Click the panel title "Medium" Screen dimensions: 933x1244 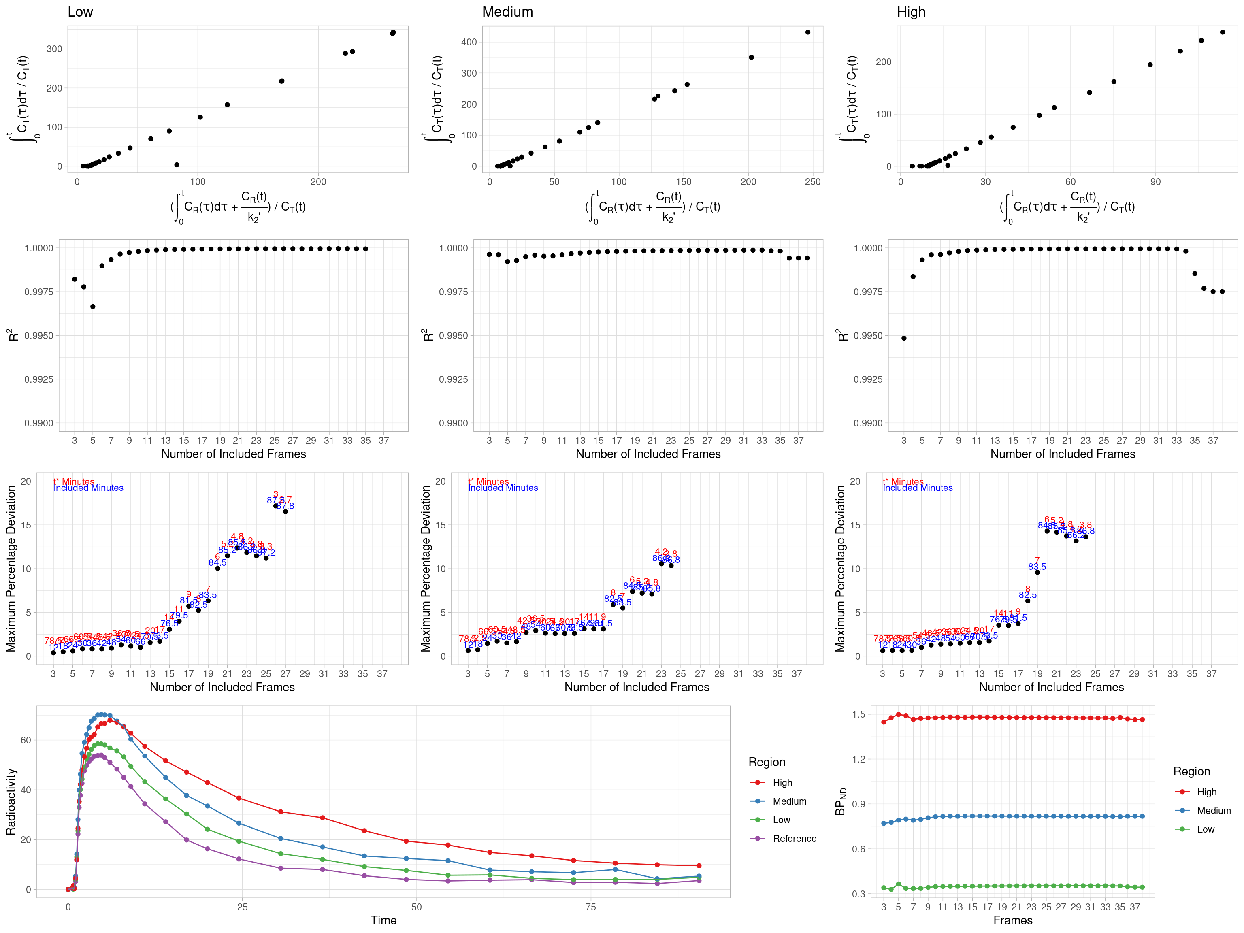click(x=507, y=12)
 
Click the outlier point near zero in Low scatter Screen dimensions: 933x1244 click(x=177, y=165)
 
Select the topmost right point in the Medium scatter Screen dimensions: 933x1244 click(x=807, y=32)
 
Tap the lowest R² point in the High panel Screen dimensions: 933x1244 click(x=904, y=338)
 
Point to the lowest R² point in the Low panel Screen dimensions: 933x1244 click(x=93, y=307)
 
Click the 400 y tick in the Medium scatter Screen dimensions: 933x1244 click(x=469, y=42)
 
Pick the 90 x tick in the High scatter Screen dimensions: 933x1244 click(x=1155, y=182)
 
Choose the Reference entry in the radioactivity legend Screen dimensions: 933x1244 click(x=794, y=839)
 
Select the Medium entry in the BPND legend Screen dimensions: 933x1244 click(x=1214, y=810)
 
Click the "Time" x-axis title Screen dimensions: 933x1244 click(x=383, y=920)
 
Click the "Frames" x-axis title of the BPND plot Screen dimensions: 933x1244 click(x=1012, y=920)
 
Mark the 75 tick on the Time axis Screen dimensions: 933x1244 click(x=590, y=907)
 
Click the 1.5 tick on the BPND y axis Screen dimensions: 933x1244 click(x=859, y=714)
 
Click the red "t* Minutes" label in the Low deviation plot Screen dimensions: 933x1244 click(x=74, y=481)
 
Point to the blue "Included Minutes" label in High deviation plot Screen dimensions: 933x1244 click(x=918, y=488)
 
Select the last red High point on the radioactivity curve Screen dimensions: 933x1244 click(x=699, y=865)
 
